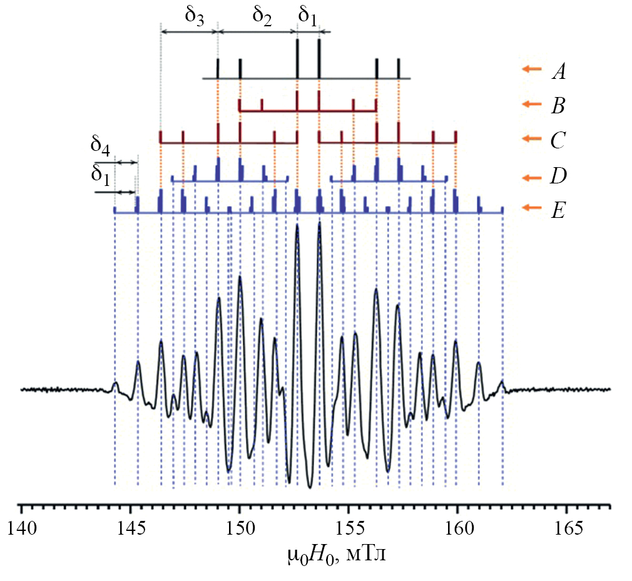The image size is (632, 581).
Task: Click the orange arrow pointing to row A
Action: coord(531,69)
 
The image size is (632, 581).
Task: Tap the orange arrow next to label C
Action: coord(531,138)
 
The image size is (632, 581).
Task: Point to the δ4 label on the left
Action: coord(101,147)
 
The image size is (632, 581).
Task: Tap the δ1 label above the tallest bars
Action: coord(307,15)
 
